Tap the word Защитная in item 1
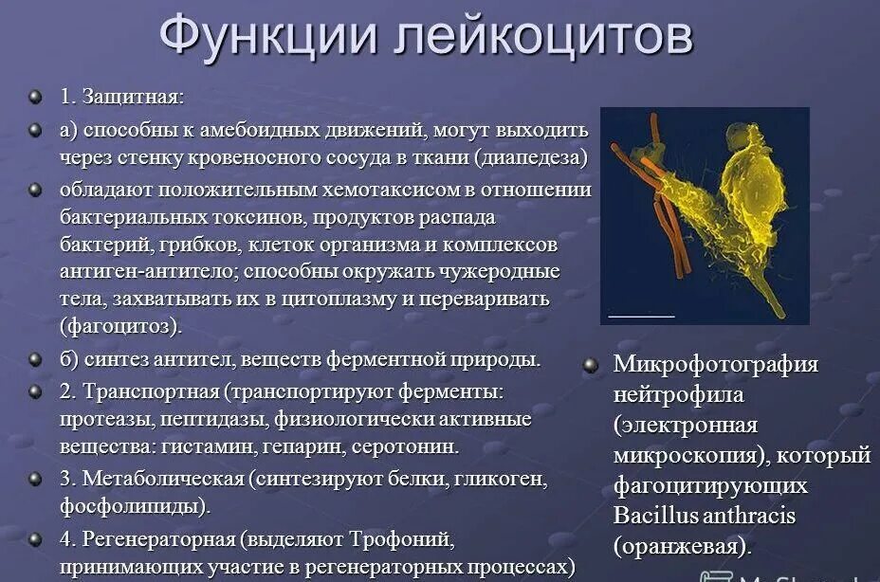[x=133, y=97]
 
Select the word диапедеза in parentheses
[x=535, y=157]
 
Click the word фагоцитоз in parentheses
[x=120, y=326]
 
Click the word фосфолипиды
[x=134, y=506]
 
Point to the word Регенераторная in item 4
[x=159, y=540]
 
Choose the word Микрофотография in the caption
[x=716, y=365]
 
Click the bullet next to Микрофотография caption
[x=590, y=365]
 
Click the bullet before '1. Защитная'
[x=35, y=97]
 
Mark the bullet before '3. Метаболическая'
[x=35, y=479]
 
